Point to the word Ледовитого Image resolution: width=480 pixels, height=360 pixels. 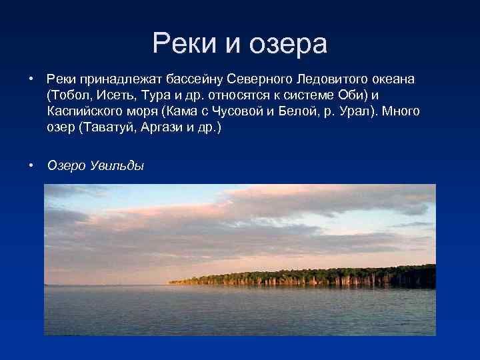[x=319, y=79]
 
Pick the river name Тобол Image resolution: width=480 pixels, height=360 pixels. [x=69, y=95]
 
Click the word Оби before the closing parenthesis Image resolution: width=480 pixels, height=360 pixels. [x=339, y=95]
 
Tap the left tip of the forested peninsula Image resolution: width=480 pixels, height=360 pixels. [x=170, y=282]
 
